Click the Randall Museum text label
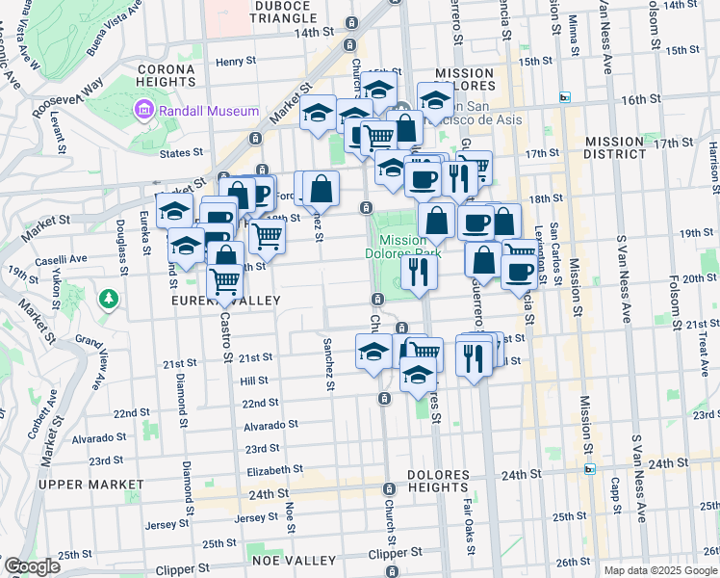click(209, 111)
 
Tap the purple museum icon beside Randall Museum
click(145, 109)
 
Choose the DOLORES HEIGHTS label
click(438, 482)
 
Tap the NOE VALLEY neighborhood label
click(294, 561)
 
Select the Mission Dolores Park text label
click(401, 248)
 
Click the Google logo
click(31, 566)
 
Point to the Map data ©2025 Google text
click(660, 570)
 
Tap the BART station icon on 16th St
click(566, 97)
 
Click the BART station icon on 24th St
click(589, 469)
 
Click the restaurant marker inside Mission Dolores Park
click(419, 271)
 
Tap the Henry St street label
click(236, 62)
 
